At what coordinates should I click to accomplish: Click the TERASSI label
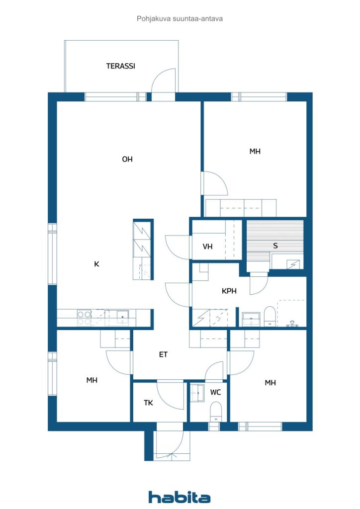[120, 66]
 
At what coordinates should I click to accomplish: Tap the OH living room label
[127, 159]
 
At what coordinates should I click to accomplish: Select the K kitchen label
[96, 264]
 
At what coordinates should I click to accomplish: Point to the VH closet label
[207, 247]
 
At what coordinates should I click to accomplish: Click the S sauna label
[275, 246]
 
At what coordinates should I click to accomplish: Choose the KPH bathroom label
[229, 291]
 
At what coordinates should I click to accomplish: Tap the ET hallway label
[163, 354]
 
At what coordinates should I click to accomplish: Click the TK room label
[148, 403]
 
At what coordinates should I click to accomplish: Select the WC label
[215, 392]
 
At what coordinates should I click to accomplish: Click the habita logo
[179, 497]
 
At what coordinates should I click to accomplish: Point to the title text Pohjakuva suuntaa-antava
[180, 18]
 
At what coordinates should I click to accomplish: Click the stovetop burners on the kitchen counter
[84, 318]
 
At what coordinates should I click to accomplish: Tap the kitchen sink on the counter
[123, 317]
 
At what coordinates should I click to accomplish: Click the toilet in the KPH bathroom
[270, 316]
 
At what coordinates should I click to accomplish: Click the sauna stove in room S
[294, 264]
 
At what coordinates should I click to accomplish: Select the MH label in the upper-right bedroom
[255, 151]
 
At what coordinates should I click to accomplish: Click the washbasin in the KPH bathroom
[251, 319]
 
